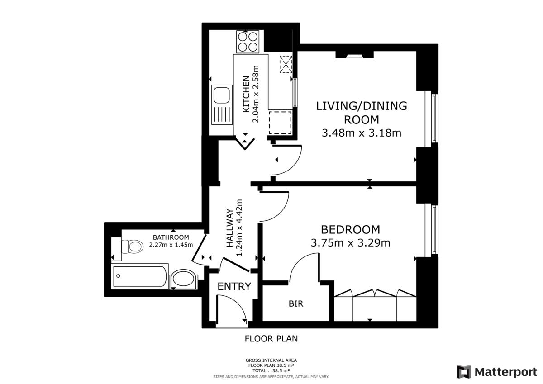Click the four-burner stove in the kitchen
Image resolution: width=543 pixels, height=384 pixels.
point(248,41)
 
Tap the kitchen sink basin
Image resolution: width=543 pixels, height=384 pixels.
point(222,95)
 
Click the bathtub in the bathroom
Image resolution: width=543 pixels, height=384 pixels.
point(140,276)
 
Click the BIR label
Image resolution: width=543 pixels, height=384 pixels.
point(296,304)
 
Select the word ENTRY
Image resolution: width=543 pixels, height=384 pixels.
point(234,286)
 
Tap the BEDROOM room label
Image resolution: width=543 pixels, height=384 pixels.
point(350,229)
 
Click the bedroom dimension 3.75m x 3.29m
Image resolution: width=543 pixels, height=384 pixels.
point(350,243)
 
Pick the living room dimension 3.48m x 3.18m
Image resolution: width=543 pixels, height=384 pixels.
point(362,133)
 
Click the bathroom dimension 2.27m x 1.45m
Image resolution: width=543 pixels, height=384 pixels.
point(171,245)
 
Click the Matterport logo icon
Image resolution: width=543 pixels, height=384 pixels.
point(464,372)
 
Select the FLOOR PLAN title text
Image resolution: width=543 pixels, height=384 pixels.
point(271,338)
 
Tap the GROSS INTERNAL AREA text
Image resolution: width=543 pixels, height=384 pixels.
point(271,360)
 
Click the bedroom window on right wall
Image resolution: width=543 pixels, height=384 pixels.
point(433,229)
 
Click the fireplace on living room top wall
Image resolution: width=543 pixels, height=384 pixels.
point(355,56)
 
